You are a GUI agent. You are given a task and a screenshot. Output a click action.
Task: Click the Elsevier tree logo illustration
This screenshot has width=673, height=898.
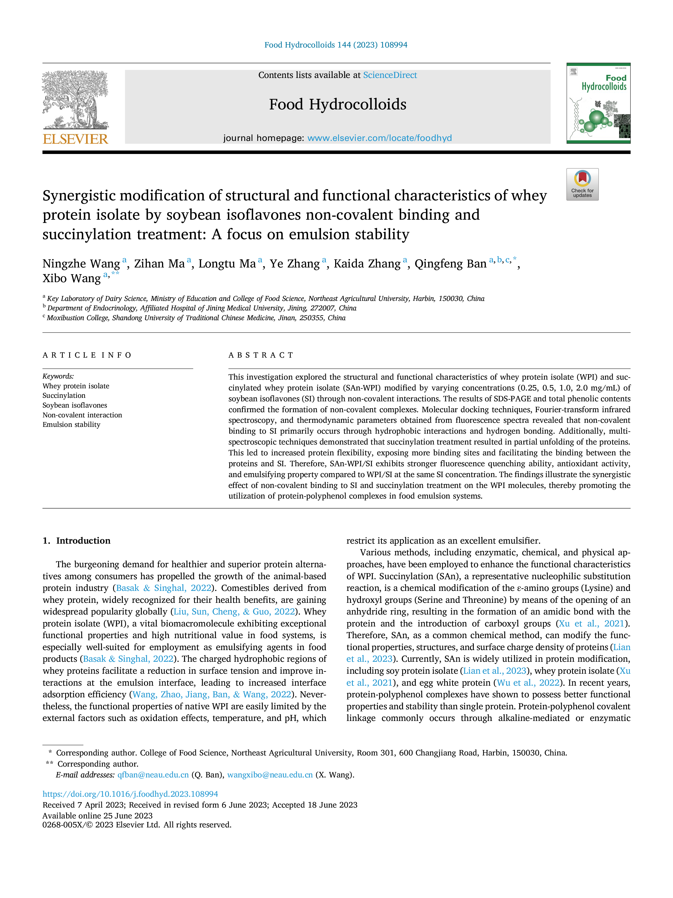[x=75, y=100]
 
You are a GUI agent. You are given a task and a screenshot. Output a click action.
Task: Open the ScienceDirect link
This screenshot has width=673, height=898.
[x=390, y=75]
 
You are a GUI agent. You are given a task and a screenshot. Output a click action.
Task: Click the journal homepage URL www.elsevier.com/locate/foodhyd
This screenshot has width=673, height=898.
[x=379, y=138]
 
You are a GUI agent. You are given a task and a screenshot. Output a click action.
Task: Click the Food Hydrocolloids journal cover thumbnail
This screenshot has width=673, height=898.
[x=598, y=103]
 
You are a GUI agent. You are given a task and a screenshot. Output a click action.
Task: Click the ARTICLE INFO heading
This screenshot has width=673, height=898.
[x=87, y=355]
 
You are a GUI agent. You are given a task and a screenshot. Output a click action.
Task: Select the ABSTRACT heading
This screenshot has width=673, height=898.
[x=261, y=355]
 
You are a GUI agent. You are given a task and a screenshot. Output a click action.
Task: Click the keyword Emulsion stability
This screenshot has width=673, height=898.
[x=71, y=425]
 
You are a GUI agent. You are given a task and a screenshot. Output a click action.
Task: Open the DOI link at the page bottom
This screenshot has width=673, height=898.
[x=130, y=794]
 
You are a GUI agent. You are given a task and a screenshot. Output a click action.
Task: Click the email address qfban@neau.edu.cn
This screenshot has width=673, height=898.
[x=153, y=775]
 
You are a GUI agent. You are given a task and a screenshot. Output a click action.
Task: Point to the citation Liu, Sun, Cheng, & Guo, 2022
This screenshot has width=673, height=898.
[x=234, y=612]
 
